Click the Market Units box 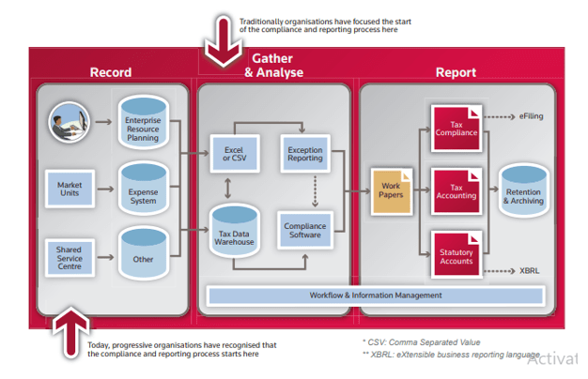pyautogui.click(x=69, y=188)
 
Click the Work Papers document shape pyautogui.click(x=391, y=189)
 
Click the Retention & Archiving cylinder pyautogui.click(x=522, y=192)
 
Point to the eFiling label pyautogui.click(x=531, y=116)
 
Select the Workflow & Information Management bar pyautogui.click(x=375, y=296)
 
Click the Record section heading pyautogui.click(x=110, y=72)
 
